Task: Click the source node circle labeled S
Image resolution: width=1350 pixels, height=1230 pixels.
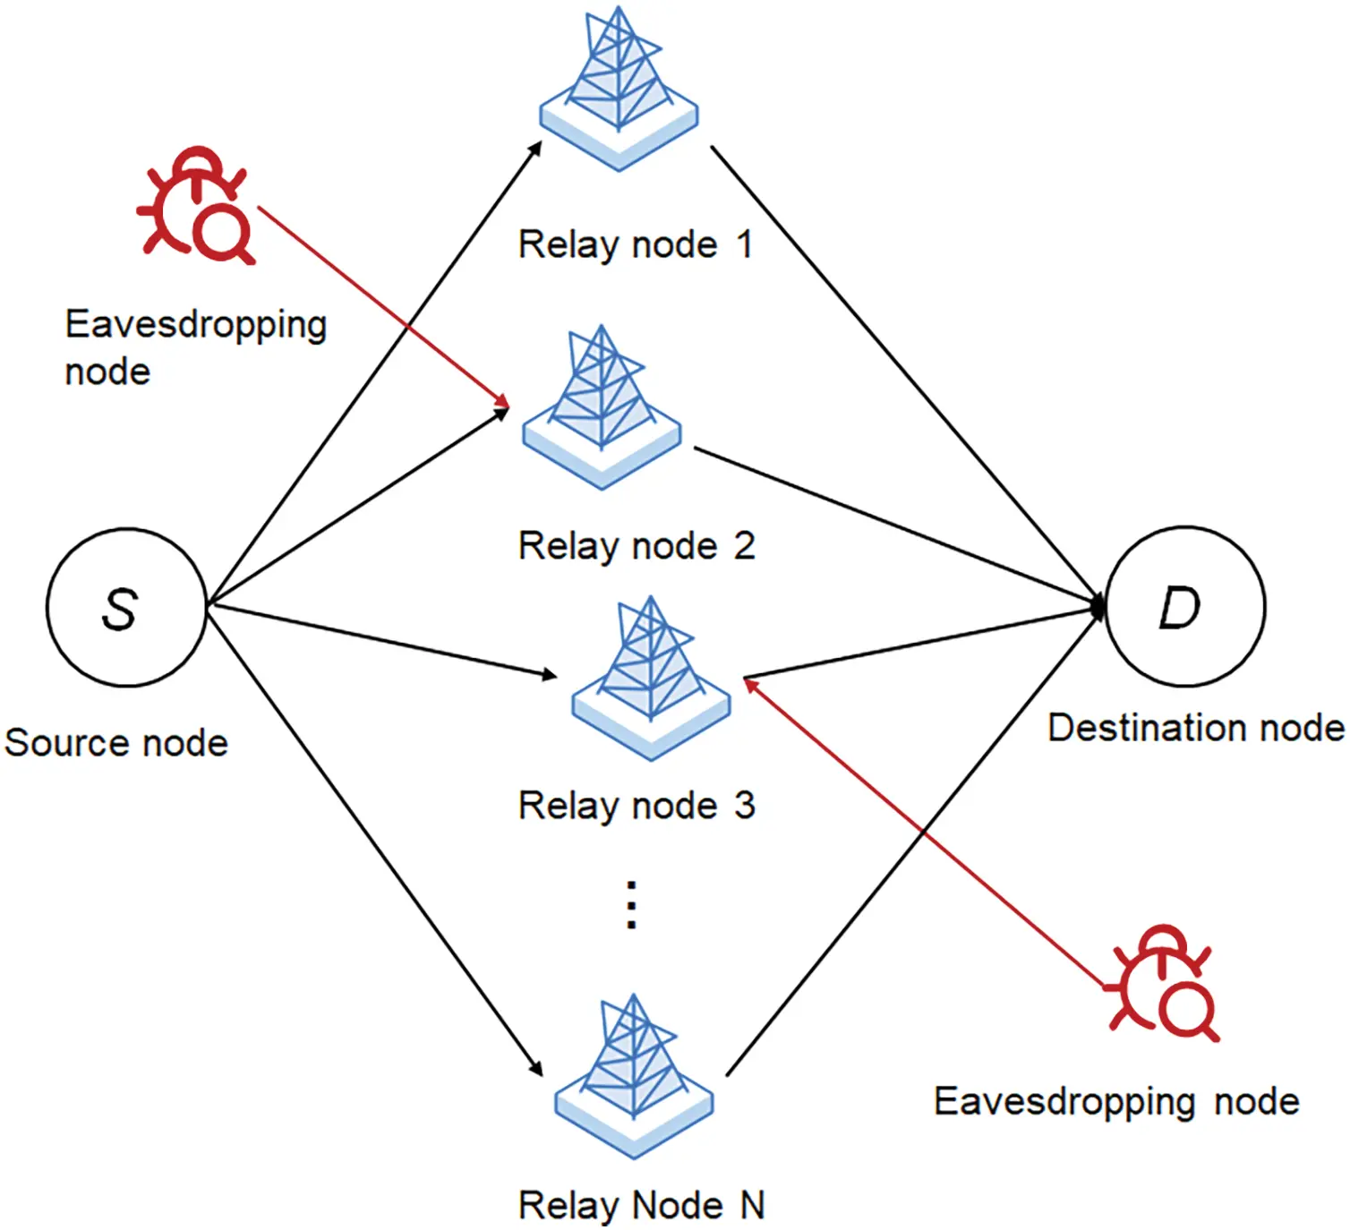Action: click(x=126, y=608)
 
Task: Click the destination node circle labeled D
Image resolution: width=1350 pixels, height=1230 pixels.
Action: click(x=1185, y=607)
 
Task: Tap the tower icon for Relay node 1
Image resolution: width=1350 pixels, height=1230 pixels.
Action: click(x=619, y=90)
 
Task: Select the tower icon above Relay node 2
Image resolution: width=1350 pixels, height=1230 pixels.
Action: click(x=602, y=407)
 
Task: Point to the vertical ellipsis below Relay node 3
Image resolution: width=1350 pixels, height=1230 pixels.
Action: click(x=631, y=905)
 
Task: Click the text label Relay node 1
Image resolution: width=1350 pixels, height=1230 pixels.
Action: click(x=636, y=244)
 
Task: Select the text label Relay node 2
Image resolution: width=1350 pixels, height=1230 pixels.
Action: click(x=637, y=546)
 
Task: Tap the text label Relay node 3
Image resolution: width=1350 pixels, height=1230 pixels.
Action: click(x=637, y=806)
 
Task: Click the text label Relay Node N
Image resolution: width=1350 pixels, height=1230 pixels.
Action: click(x=641, y=1205)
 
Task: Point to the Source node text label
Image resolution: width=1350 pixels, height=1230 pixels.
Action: click(x=116, y=743)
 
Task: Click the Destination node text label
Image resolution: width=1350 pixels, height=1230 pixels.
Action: click(x=1196, y=728)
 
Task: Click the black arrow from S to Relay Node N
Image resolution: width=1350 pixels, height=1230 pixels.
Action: click(x=376, y=841)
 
